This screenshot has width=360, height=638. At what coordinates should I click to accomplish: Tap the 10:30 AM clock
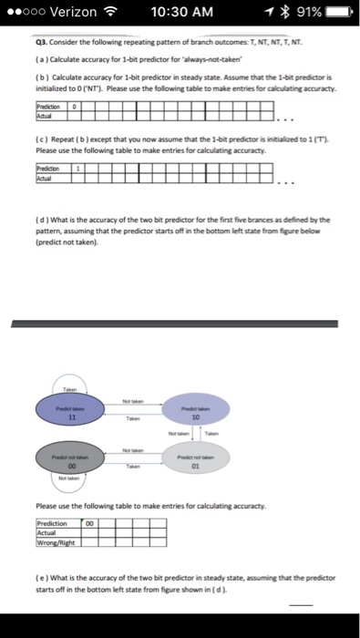[x=182, y=12]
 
